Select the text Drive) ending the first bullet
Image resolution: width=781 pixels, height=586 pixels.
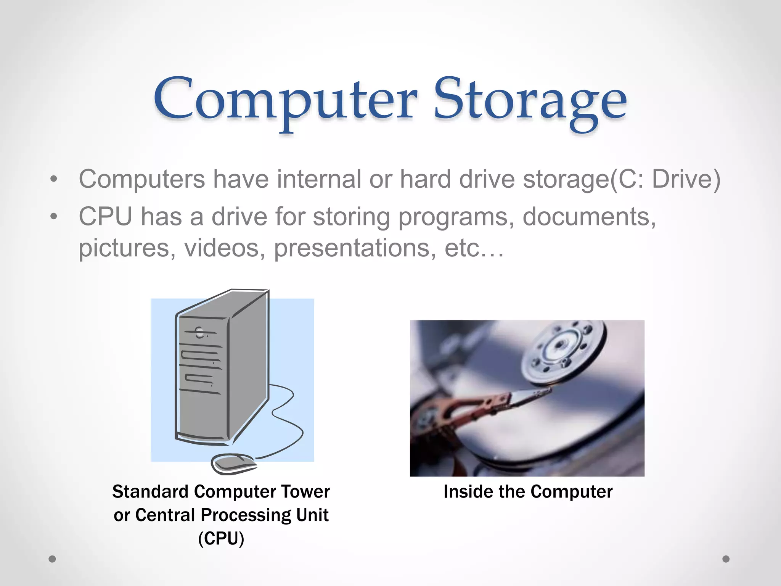686,179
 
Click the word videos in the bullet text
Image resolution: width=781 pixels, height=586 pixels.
225,248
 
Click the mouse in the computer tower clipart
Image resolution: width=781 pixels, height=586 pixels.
233,463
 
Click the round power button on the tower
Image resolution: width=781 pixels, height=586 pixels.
199,332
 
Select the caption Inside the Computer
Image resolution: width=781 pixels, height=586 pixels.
528,491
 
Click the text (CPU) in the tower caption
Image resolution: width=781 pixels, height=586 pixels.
221,538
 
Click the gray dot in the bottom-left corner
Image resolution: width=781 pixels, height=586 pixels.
52,559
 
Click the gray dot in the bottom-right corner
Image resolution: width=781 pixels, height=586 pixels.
726,559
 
